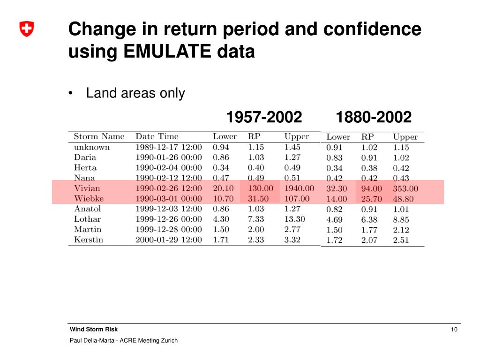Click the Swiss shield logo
click(x=27, y=30)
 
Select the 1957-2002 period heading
click(x=264, y=117)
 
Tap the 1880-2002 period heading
click(x=374, y=117)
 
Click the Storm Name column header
click(x=99, y=137)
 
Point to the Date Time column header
click(x=157, y=137)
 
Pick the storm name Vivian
click(x=87, y=188)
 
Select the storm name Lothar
click(x=87, y=219)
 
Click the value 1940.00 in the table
click(x=299, y=188)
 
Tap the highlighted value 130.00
click(x=260, y=188)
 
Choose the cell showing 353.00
click(x=405, y=189)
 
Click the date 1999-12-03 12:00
click(x=169, y=209)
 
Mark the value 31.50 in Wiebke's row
click(x=258, y=199)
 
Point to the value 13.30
click(x=294, y=219)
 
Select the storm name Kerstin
click(x=89, y=240)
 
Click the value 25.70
click(x=371, y=199)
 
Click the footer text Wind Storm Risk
click(x=94, y=330)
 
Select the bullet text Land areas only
click(x=135, y=93)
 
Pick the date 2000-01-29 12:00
click(x=169, y=240)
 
